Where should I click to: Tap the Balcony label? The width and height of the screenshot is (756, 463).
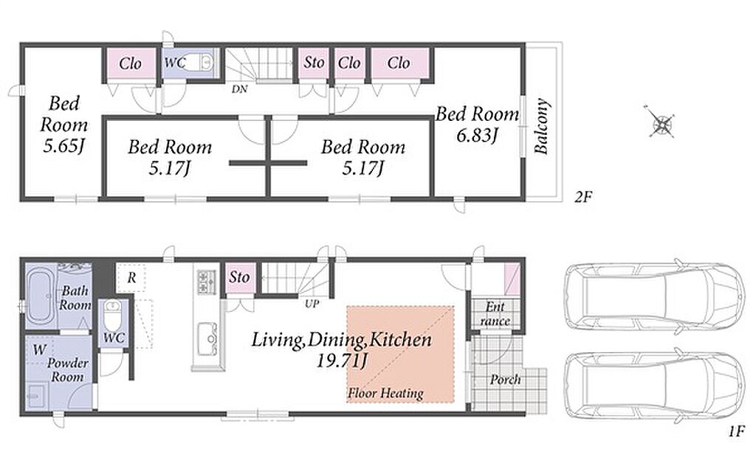pos(542,127)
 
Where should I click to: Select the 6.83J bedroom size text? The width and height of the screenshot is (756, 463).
pos(476,135)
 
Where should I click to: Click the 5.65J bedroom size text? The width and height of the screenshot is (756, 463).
pos(63,145)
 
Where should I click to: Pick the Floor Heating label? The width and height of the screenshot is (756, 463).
pos(385,393)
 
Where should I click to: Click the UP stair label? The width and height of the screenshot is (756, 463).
pos(312,304)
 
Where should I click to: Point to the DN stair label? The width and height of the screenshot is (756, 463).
pos(239,89)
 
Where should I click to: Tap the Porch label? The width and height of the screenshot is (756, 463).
pos(505,380)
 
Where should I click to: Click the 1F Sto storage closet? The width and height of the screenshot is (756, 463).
pos(240,278)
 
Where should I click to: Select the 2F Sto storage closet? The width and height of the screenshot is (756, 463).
pos(314,63)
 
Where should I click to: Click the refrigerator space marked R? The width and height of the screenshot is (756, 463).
pos(131,278)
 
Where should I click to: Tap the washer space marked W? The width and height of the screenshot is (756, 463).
pos(39,350)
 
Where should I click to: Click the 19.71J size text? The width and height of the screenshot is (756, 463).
pos(342,361)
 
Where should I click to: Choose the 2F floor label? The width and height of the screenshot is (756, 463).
pos(583,197)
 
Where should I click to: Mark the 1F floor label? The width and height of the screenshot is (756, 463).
pos(736,432)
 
